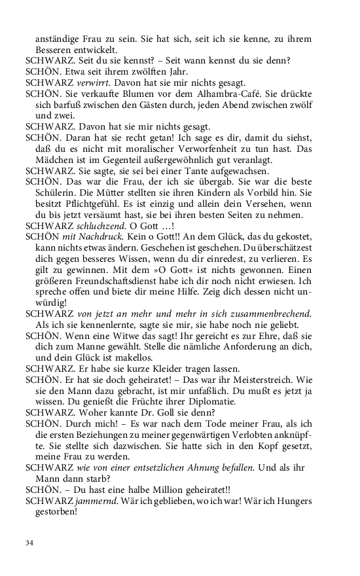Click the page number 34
pyautogui.click(x=29, y=543)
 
